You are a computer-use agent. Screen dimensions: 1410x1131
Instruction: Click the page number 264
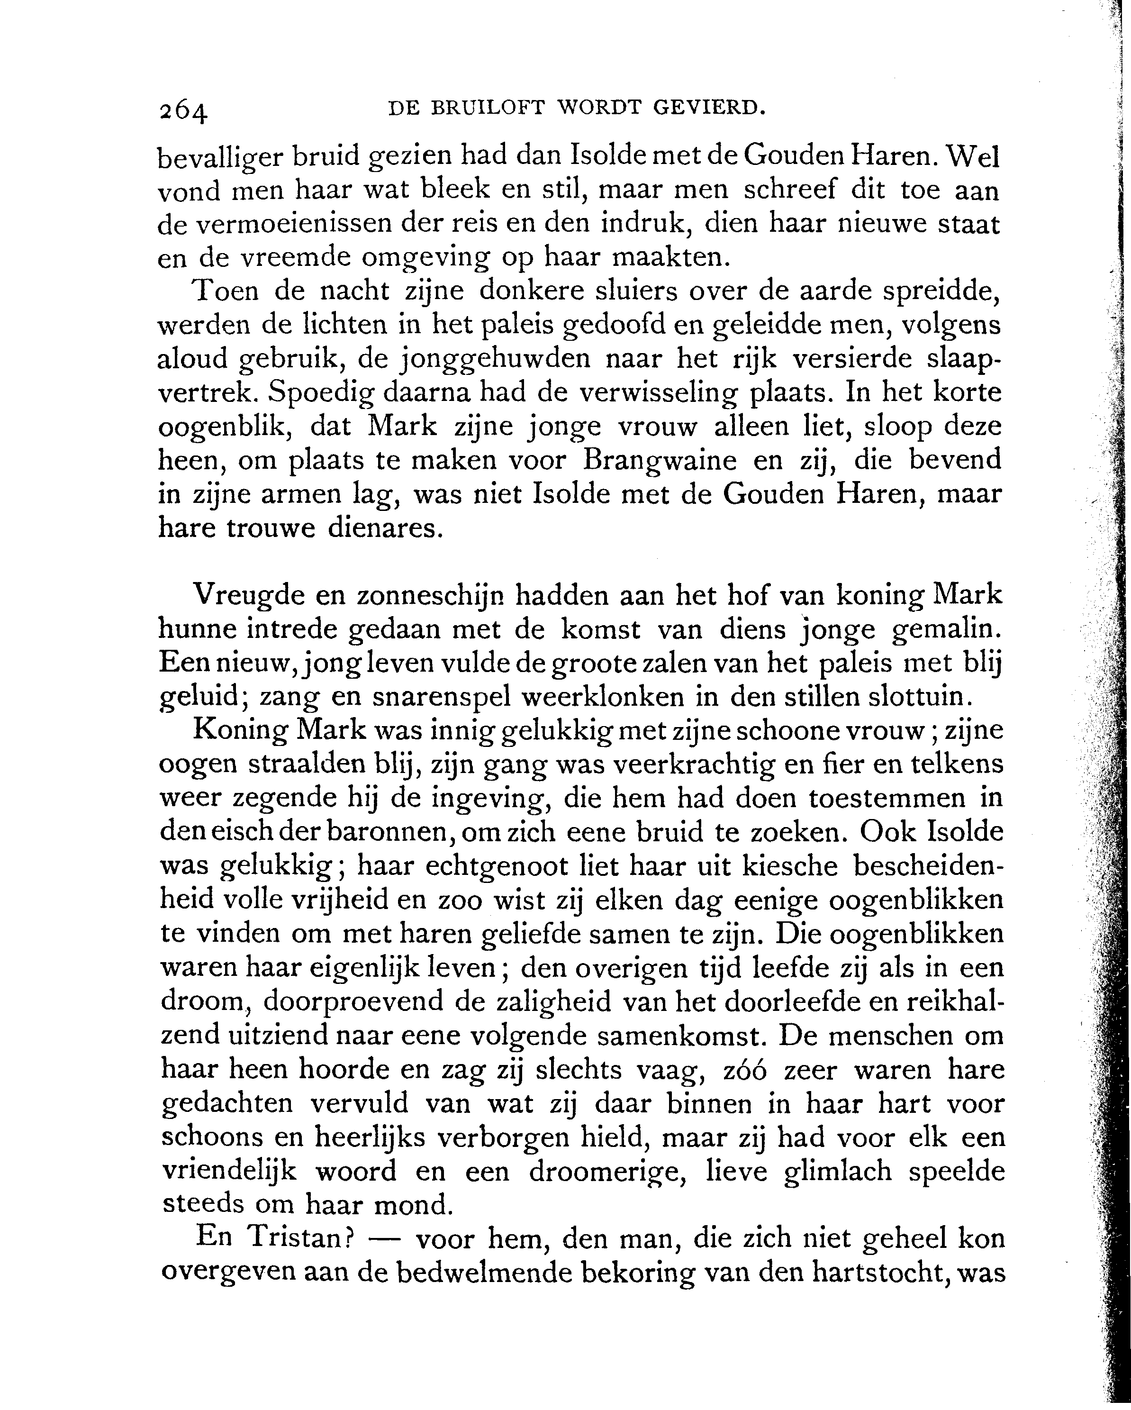tap(183, 112)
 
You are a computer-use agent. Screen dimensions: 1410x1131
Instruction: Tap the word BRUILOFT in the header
tap(488, 108)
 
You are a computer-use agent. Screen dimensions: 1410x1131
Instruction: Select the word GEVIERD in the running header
tap(709, 108)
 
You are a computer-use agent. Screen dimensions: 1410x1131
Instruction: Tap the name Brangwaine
tap(660, 460)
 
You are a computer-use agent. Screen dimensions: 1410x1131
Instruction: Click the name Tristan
tap(301, 1238)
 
